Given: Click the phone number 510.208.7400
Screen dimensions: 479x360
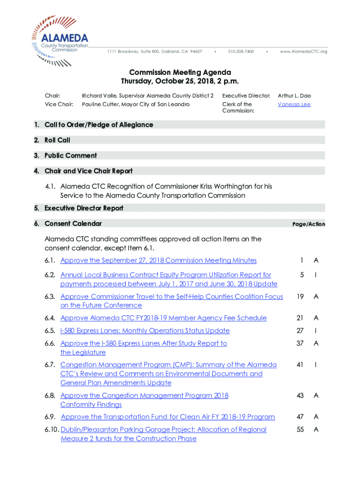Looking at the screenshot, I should pos(241,51).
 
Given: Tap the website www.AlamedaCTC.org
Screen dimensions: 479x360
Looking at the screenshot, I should pos(303,51).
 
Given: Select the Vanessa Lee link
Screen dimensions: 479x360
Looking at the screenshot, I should pos(294,104).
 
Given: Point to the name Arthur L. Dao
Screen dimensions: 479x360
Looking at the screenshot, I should pos(294,95).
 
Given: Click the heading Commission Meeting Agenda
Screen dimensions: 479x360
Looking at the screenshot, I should pos(180,73).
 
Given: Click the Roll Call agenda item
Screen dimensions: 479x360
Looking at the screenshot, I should pos(57,140).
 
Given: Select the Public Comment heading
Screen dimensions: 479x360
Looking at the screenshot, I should pos(71,155).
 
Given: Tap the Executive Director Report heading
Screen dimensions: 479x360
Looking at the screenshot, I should pos(84,208).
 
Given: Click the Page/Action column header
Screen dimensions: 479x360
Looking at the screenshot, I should pos(309,224).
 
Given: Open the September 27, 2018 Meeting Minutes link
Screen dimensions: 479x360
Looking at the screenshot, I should pos(158,260).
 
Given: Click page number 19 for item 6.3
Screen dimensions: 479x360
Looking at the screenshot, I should pos(301,297).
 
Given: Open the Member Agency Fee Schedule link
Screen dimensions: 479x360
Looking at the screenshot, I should pos(163,318).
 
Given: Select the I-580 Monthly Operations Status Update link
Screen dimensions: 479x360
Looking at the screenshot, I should pos(145,331).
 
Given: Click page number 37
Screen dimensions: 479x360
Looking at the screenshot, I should pos(301,343).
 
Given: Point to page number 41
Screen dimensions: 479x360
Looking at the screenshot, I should pos(301,365).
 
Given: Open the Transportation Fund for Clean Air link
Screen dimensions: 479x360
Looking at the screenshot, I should pos(168,417).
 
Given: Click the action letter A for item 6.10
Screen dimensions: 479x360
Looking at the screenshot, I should pos(316,429).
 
